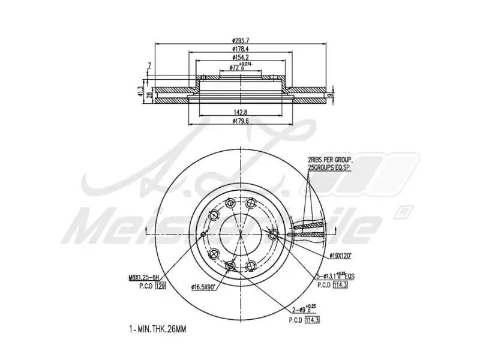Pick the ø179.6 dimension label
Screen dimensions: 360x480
[x=241, y=121]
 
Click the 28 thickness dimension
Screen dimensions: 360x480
[x=149, y=95]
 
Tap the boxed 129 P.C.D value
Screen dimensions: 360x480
[x=160, y=287]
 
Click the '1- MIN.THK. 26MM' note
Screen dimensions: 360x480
[x=157, y=330]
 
